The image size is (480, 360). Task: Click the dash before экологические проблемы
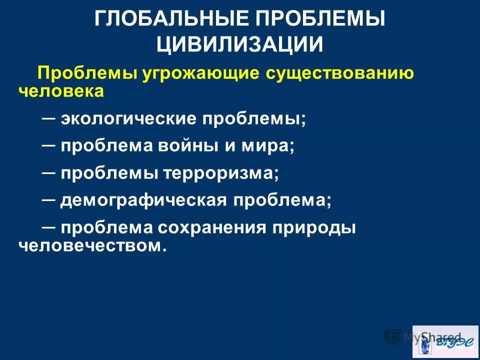49,116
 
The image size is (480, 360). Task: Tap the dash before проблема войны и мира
49,144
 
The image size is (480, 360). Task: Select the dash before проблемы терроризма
49,171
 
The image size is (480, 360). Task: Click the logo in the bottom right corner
445,341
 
